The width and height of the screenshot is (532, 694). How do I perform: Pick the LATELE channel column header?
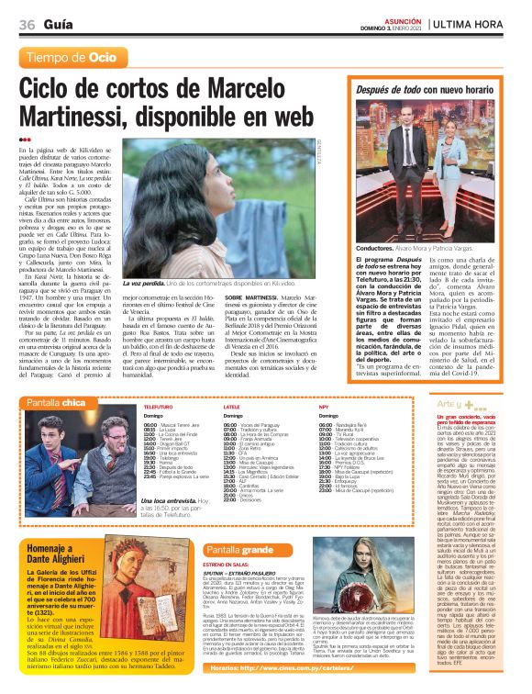tap(231, 404)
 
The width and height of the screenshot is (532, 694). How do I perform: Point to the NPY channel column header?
tap(324, 404)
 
